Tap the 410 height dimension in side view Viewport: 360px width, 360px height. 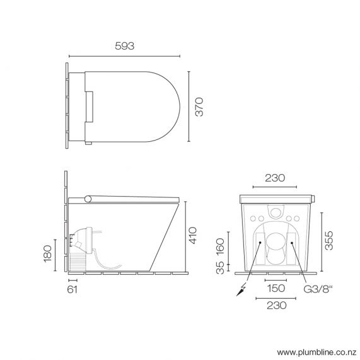(x=199, y=235)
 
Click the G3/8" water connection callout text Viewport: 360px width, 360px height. (x=319, y=289)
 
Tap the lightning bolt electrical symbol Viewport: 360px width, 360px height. (x=239, y=291)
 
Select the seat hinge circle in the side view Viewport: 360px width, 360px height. (x=88, y=199)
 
